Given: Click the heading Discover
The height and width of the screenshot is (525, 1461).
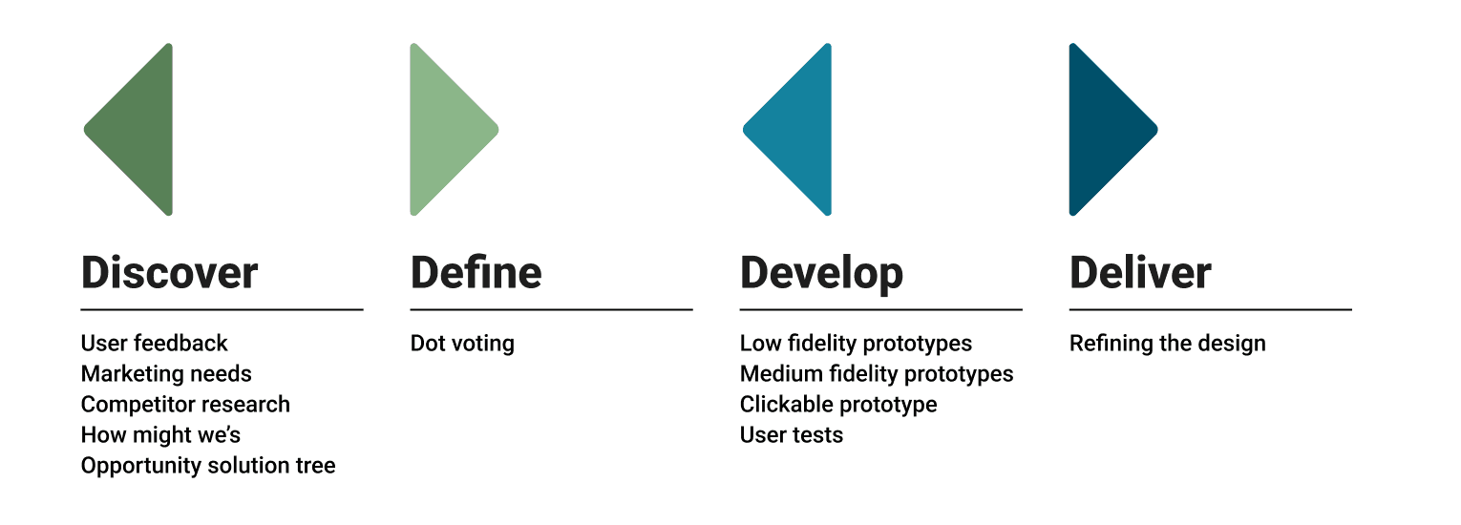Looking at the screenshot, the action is pos(169,273).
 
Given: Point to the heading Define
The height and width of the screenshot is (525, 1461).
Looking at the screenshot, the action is pos(476,273).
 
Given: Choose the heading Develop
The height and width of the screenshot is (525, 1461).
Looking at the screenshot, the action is pos(821,274).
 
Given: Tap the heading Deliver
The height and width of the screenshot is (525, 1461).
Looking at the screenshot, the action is pos(1140,273).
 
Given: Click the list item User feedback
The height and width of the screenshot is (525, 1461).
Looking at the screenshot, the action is pos(155,344).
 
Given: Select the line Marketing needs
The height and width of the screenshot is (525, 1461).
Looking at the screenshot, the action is pos(166,374).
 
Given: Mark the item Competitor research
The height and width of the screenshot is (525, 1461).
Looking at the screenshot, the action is pos(185,405).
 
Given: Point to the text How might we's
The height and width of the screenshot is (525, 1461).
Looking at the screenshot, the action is pos(160,435).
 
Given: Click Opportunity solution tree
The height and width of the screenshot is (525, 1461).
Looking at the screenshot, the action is pos(208,466).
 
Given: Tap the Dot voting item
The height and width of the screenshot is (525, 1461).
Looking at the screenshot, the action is pos(462,344).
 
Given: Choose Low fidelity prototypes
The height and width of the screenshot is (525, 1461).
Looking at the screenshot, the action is pos(856,344).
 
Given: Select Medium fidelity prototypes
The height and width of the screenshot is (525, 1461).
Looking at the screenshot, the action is pos(877,374).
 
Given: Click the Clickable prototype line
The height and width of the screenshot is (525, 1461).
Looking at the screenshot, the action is pos(838,405).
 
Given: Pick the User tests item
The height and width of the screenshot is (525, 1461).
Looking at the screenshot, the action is pos(792,435).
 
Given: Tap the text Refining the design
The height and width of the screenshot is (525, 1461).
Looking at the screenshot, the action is pos(1167,344).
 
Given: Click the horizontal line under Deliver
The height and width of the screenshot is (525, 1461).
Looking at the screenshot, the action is pos(1210,309).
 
